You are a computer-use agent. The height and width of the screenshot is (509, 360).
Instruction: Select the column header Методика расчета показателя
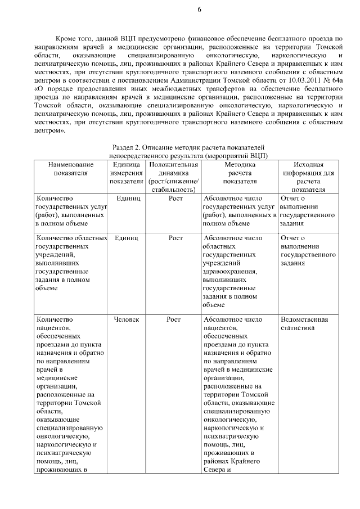pos(240,173)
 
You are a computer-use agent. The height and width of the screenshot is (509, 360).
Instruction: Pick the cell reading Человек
pos(127,319)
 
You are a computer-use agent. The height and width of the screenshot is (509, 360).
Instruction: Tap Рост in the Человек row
pos(175,319)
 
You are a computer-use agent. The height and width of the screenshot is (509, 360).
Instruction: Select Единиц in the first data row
pos(128,199)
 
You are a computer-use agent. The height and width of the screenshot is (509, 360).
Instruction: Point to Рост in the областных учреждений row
pos(175,238)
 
